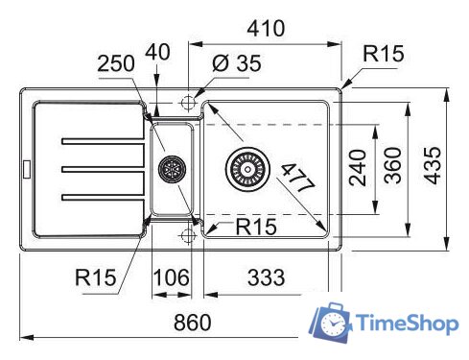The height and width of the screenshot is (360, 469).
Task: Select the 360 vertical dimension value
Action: point(392,169)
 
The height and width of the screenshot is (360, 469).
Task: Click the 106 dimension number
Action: point(172,277)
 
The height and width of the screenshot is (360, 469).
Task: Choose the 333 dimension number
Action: point(266,277)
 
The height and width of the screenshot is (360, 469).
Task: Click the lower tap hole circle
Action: point(188,234)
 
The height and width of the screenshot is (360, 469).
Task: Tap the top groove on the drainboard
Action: point(101,142)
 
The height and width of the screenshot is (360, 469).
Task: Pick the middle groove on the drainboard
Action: point(101,170)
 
